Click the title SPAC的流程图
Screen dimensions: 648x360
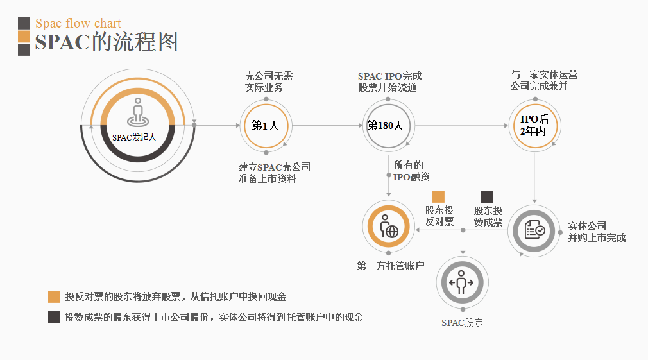[x=107, y=42]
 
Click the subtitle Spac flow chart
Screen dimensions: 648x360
[x=78, y=24]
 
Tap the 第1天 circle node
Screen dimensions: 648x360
[x=266, y=126]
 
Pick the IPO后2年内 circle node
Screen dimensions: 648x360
[x=534, y=126]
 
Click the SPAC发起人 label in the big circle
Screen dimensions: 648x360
[x=135, y=137]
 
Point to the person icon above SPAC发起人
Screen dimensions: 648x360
[x=137, y=112]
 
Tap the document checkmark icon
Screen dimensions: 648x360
[x=534, y=230]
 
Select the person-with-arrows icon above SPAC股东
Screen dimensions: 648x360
[x=462, y=282]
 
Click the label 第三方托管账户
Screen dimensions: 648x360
[x=391, y=266]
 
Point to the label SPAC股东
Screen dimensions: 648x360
[x=462, y=323]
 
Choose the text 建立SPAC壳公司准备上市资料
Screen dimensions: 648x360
[x=274, y=173]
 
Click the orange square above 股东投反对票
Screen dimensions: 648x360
[x=439, y=196]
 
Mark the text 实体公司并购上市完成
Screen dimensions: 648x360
[x=597, y=232]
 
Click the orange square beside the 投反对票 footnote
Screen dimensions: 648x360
[x=54, y=296]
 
